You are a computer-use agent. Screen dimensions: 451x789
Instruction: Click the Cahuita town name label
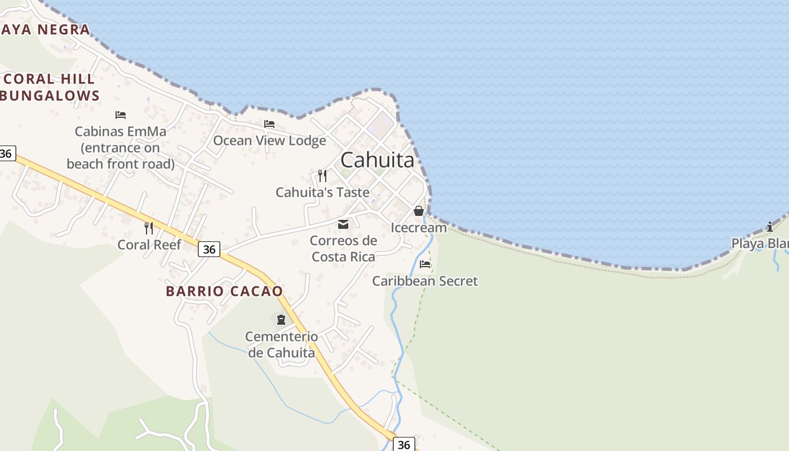click(x=377, y=160)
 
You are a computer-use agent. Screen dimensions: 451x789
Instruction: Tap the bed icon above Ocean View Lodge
click(x=269, y=124)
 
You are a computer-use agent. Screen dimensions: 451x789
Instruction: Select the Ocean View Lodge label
click(x=269, y=140)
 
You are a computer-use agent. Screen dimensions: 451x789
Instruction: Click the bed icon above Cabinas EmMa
click(x=121, y=115)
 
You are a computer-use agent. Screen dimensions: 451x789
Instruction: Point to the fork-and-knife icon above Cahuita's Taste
click(x=322, y=176)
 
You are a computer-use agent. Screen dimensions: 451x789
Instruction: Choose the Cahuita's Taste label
click(x=322, y=192)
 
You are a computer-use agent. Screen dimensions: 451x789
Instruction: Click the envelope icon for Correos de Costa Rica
click(x=343, y=224)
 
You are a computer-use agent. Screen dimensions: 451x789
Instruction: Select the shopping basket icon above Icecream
click(x=418, y=211)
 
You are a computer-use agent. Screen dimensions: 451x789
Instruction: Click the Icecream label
click(x=419, y=228)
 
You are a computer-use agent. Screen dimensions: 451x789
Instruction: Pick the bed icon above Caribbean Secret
click(x=425, y=264)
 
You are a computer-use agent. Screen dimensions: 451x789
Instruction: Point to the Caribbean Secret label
click(x=425, y=281)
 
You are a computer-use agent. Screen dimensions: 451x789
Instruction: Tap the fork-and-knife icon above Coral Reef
click(x=149, y=228)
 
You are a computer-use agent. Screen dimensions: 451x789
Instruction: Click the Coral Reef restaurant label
click(x=149, y=245)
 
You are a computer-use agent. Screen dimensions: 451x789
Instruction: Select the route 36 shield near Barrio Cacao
click(x=209, y=249)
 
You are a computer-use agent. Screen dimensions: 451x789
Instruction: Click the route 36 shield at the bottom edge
click(x=404, y=444)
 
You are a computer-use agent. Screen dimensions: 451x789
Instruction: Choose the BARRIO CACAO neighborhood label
click(x=224, y=291)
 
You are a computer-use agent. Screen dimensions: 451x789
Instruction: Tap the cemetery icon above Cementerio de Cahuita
click(x=281, y=320)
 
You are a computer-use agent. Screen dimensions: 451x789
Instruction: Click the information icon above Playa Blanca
click(x=770, y=227)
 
